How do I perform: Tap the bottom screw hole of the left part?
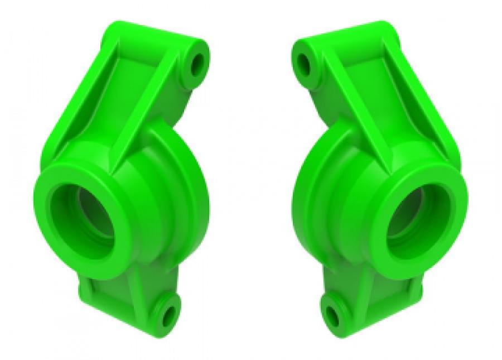tap(168, 316)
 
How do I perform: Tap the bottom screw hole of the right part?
tap(333, 316)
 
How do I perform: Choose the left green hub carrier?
tap(123, 184)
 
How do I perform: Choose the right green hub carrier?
tap(379, 184)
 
